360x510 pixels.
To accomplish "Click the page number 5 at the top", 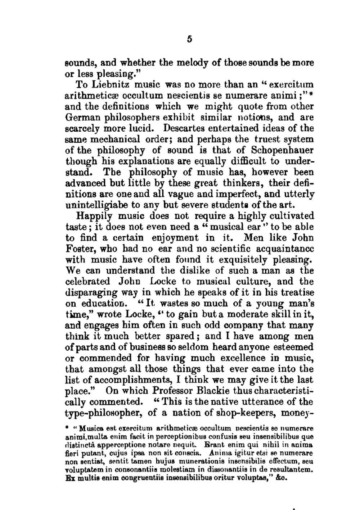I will [190, 40].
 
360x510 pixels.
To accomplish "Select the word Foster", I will [79, 249].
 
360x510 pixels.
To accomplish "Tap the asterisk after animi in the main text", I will [310, 95].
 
